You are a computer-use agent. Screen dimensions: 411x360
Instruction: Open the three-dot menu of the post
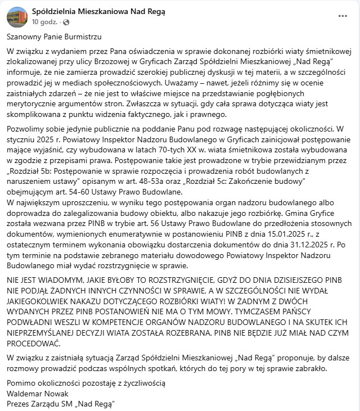[x=343, y=16]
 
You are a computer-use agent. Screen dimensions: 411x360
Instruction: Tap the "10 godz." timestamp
[x=43, y=22]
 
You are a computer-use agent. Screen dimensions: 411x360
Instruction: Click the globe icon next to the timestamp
[x=66, y=22]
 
